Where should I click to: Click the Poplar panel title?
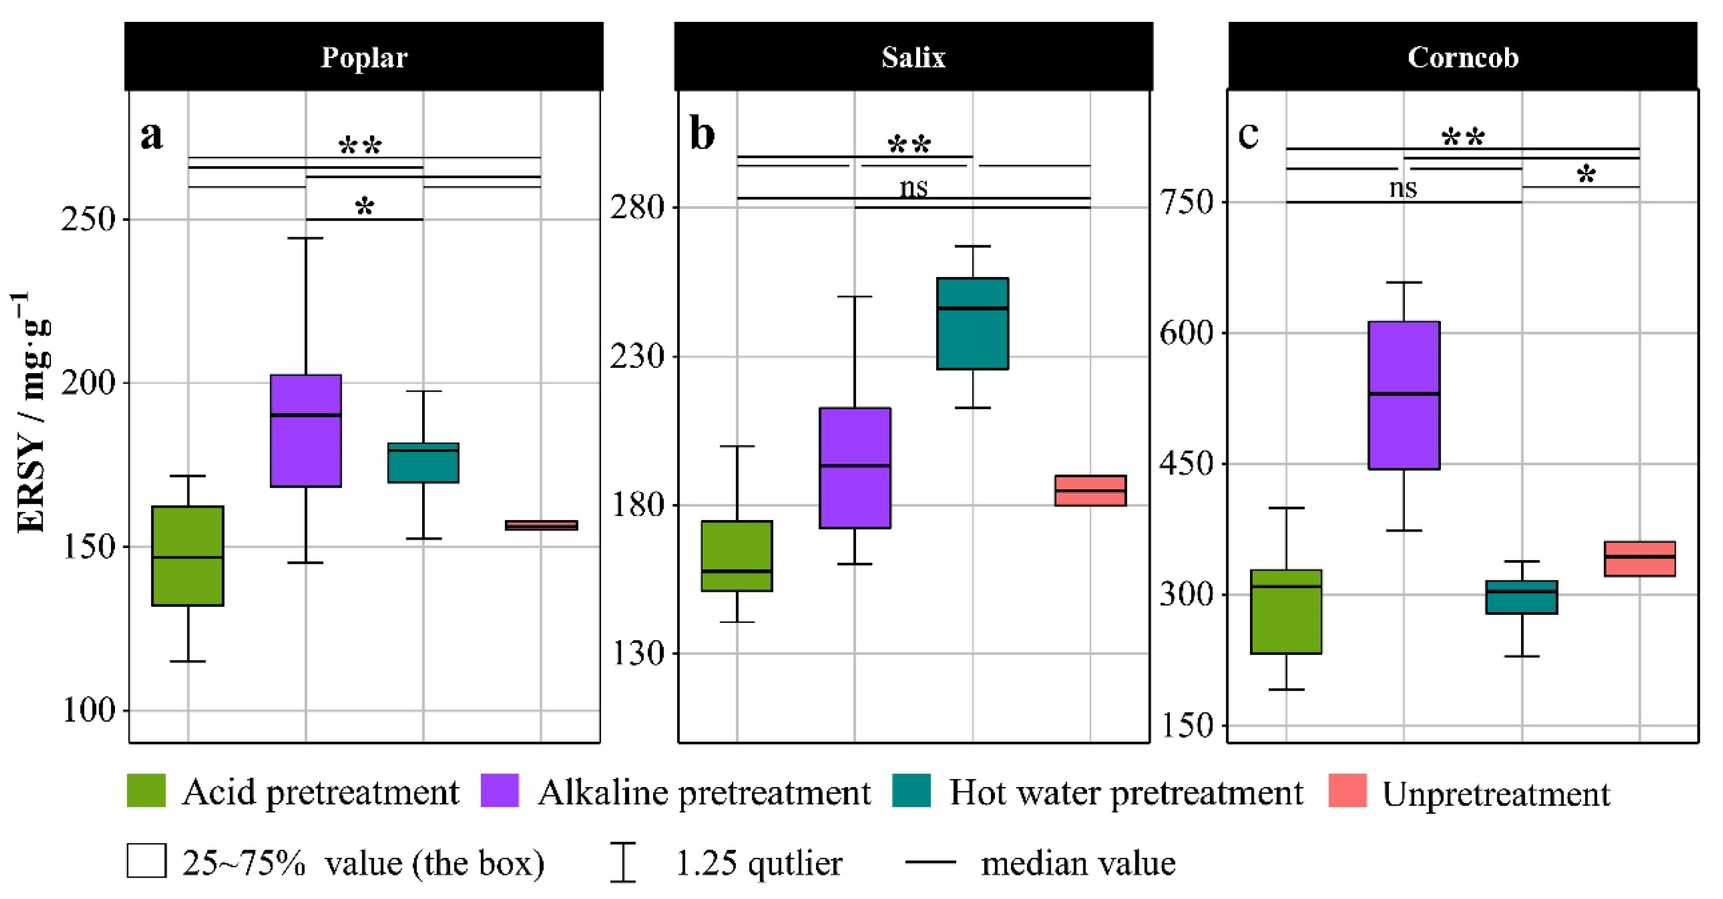tap(364, 58)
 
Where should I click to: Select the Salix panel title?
tap(913, 58)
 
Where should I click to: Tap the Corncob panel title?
tap(1463, 58)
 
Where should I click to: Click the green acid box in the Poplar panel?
tap(188, 555)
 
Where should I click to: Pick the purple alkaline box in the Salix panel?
tap(855, 467)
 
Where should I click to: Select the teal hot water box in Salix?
tap(973, 323)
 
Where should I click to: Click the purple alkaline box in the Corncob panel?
tap(1404, 395)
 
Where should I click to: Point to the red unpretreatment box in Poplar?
tap(541, 525)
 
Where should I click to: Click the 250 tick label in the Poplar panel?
tap(88, 219)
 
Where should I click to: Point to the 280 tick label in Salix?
tap(637, 207)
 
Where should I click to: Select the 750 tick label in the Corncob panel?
tap(1186, 202)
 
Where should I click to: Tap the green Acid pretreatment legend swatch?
tap(146, 791)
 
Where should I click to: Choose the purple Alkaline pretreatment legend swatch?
tap(500, 791)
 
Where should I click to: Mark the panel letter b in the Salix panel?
tap(703, 134)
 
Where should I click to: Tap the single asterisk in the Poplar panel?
tap(365, 206)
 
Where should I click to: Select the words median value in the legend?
tap(1078, 863)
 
